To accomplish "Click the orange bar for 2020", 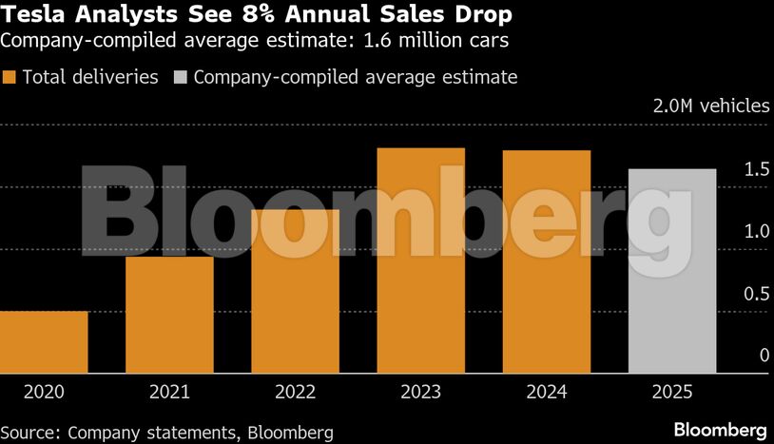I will click(x=44, y=342).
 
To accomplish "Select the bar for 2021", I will click(x=169, y=315).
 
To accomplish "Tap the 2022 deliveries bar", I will click(x=295, y=291).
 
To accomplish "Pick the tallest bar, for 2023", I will click(x=420, y=261).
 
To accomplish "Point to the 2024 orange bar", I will click(x=546, y=261).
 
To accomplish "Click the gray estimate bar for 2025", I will click(x=671, y=271).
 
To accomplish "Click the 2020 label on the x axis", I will click(x=44, y=392).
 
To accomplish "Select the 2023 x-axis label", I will click(x=420, y=392).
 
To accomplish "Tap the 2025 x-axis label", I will click(x=671, y=392).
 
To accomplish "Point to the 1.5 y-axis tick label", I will click(x=757, y=169).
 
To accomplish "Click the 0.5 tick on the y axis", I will click(x=757, y=294).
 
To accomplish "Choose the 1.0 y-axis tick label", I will click(x=757, y=231).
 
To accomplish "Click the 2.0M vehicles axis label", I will click(x=711, y=106).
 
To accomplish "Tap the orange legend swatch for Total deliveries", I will click(x=10, y=77).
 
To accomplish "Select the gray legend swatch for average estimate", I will click(x=181, y=77).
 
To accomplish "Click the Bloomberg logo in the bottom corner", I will click(x=720, y=430).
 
